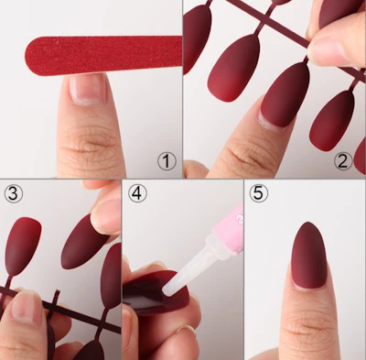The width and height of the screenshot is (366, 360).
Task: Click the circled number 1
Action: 167,161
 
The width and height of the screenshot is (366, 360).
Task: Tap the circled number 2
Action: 343,161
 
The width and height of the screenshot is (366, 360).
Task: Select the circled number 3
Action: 13,193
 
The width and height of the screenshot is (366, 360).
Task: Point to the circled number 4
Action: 137,193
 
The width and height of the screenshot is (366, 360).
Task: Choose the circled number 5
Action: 258,193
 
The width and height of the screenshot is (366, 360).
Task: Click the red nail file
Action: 103,55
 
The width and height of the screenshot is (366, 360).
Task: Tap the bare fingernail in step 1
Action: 88,88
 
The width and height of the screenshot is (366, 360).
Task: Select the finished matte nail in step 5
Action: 308,256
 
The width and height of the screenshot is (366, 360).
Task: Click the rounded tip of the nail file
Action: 27,56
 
